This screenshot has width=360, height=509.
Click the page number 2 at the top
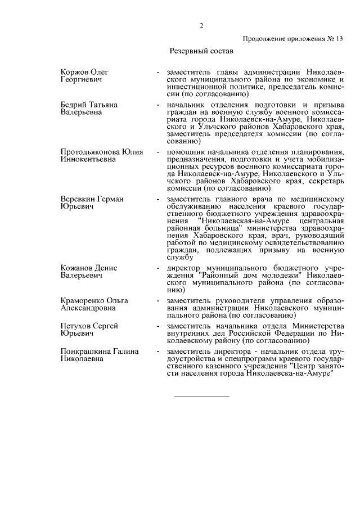[201, 25]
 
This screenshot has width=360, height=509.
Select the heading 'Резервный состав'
[201, 51]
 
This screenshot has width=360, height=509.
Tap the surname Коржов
[75, 73]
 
